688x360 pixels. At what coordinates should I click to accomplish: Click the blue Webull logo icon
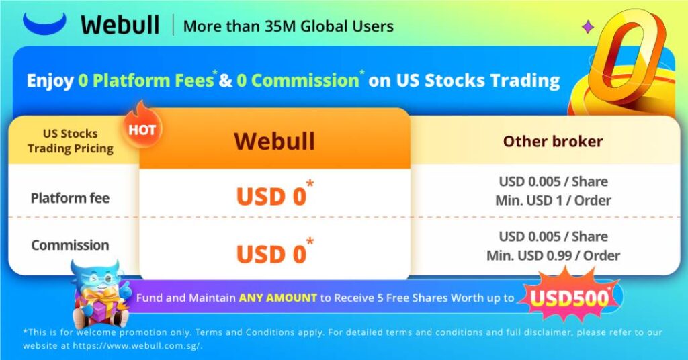pyautogui.click(x=44, y=24)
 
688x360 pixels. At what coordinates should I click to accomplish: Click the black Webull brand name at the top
pyautogui.click(x=120, y=26)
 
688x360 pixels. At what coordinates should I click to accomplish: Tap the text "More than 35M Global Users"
pyautogui.click(x=288, y=27)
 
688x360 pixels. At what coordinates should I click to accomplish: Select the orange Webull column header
pyautogui.click(x=274, y=141)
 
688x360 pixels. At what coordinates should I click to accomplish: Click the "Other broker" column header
pyautogui.click(x=552, y=142)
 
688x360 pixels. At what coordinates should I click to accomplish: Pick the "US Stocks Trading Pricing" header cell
pyautogui.click(x=71, y=140)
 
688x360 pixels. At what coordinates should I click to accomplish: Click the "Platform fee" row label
pyautogui.click(x=70, y=198)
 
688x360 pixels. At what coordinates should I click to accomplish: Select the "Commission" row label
pyautogui.click(x=70, y=244)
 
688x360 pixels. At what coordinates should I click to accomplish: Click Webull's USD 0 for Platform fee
pyautogui.click(x=272, y=195)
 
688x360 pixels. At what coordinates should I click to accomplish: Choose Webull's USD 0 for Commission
pyautogui.click(x=272, y=254)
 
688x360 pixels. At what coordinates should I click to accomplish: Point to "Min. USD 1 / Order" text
pyautogui.click(x=553, y=200)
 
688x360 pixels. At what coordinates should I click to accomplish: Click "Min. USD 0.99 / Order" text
pyautogui.click(x=553, y=255)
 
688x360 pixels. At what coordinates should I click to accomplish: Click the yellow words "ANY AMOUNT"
pyautogui.click(x=277, y=298)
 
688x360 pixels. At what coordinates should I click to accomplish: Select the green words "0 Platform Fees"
pyautogui.click(x=146, y=81)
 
